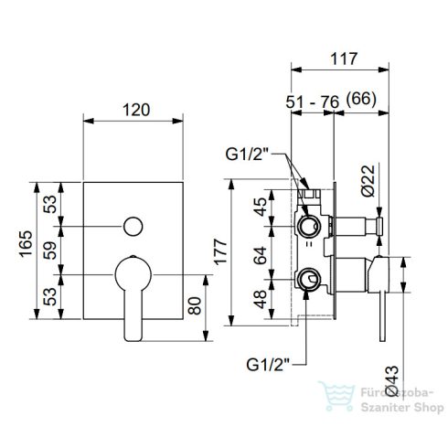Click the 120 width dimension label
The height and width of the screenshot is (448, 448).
click(136, 110)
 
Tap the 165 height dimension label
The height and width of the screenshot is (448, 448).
click(26, 244)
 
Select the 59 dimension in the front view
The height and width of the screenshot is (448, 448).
click(50, 251)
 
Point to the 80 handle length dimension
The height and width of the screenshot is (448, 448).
click(195, 305)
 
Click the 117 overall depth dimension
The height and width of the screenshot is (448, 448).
click(344, 59)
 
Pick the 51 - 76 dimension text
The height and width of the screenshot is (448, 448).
click(313, 102)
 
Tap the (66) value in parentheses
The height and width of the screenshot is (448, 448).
click(361, 100)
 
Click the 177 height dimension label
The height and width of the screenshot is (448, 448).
click(220, 252)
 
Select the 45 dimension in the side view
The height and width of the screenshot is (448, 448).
click(261, 207)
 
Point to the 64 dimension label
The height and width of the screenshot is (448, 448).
click(261, 255)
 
